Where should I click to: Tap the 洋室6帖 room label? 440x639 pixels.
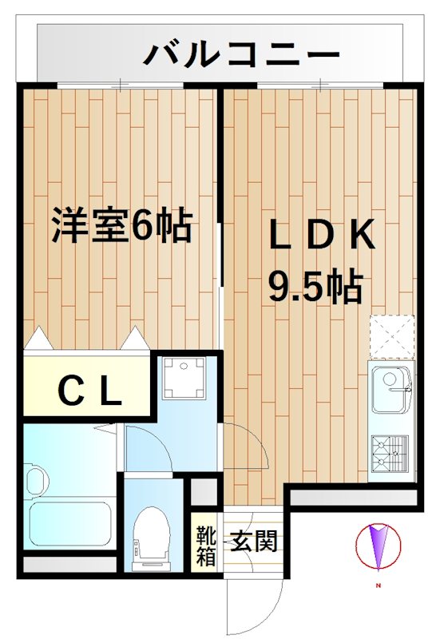point(122,226)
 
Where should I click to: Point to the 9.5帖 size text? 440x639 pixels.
point(315,286)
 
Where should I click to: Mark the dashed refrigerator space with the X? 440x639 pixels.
point(391,336)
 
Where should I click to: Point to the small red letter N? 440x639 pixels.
point(376,588)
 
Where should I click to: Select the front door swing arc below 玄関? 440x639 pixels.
point(256,607)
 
